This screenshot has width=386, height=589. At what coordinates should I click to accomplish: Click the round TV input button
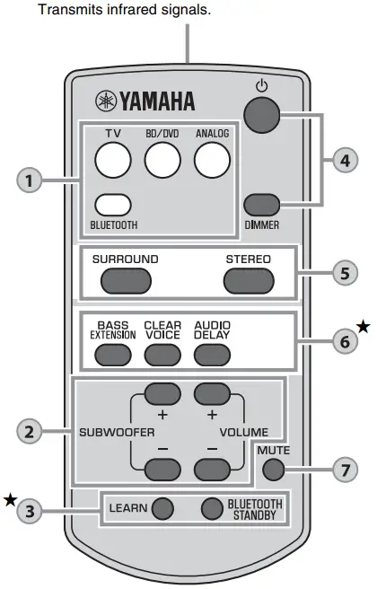[x=114, y=161]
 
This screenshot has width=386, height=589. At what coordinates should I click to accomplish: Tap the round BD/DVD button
[x=163, y=161]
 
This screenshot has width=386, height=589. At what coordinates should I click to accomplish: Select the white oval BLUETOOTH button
[x=114, y=206]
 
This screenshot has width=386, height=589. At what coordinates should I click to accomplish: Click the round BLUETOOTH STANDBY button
[x=210, y=509]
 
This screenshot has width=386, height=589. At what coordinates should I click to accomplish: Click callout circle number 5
[x=345, y=272]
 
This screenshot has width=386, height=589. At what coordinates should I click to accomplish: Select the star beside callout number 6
[x=363, y=328]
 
